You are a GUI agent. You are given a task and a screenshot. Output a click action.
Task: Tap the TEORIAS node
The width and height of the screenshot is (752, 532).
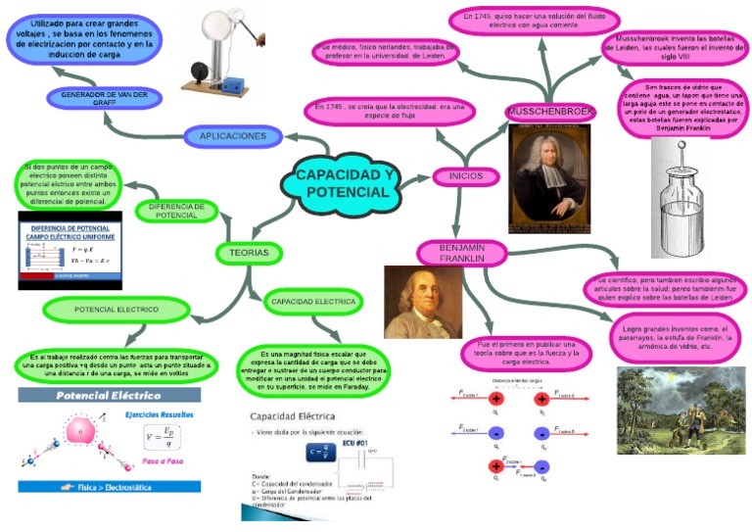point(249,253)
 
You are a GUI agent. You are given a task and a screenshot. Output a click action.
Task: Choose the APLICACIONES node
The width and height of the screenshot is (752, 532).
point(233,136)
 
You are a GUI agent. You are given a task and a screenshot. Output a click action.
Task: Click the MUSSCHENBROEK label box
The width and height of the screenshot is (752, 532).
point(550,113)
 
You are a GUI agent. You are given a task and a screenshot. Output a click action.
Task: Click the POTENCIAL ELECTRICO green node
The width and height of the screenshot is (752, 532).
point(117,310)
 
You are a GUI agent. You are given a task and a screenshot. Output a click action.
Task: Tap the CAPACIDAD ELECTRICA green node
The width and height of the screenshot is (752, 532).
point(313,302)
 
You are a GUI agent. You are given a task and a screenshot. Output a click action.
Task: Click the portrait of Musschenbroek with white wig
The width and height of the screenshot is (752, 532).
point(550,178)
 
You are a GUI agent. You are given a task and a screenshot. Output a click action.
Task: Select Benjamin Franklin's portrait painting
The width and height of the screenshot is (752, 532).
point(422,303)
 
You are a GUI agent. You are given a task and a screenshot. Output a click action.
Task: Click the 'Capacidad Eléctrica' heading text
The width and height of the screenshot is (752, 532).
point(293,415)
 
